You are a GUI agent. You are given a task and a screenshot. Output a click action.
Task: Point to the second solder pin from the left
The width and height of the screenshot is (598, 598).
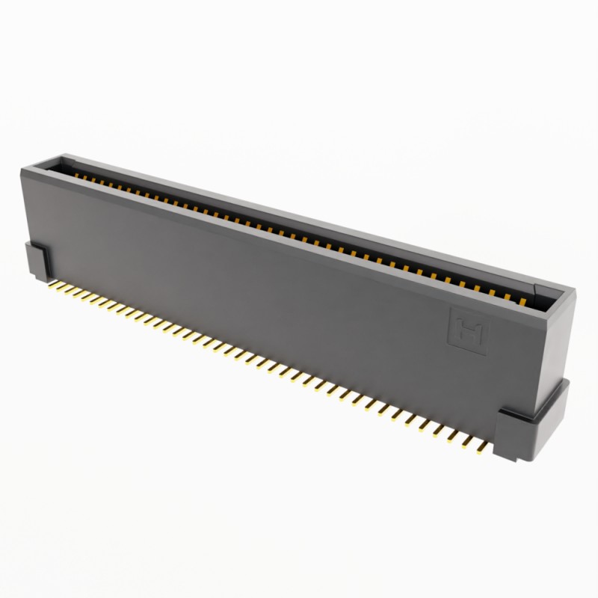click(63, 288)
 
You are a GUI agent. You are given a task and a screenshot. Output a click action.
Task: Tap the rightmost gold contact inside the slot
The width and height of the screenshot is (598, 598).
click(523, 302)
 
